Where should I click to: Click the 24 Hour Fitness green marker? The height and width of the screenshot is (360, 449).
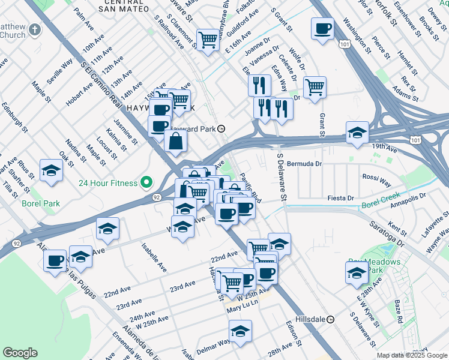(146, 182)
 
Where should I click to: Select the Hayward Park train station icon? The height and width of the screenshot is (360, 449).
(221, 128)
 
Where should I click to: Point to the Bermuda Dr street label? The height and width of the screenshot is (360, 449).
(305, 163)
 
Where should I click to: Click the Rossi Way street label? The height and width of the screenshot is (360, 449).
(376, 178)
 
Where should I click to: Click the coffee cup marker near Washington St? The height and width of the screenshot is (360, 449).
(322, 29)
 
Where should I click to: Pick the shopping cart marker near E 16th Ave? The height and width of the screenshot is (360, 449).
(208, 40)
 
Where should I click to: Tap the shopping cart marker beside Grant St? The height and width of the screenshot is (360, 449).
(314, 88)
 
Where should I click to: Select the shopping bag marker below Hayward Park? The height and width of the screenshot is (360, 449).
(175, 142)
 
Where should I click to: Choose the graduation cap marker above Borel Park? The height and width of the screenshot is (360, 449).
(51, 170)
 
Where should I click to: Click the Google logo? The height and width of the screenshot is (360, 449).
(20, 353)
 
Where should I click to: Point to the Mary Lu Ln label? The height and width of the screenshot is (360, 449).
(243, 310)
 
